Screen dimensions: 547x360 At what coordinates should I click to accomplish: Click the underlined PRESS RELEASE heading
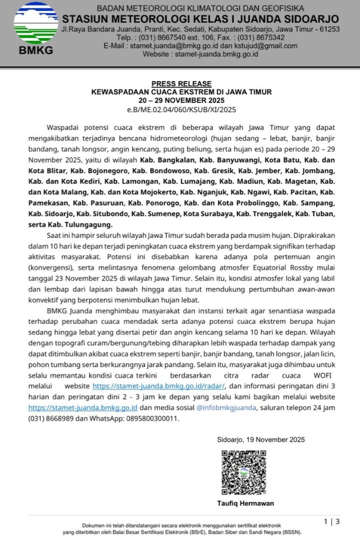[x=181, y=83]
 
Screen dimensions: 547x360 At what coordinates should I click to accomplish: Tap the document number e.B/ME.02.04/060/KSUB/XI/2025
[x=181, y=108]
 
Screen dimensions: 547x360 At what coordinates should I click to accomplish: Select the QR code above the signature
[x=244, y=472]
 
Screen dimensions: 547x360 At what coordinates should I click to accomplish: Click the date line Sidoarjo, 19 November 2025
[x=261, y=439]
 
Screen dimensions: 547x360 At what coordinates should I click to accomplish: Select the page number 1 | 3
[x=332, y=522]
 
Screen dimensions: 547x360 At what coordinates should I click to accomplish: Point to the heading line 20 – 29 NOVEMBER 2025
[x=181, y=100]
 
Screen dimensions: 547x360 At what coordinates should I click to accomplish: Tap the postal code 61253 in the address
[x=328, y=29]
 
